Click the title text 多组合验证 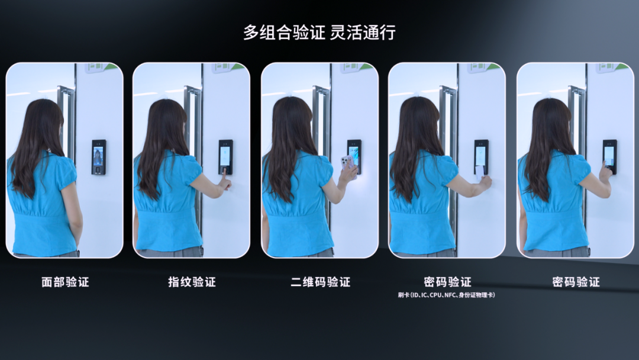click(x=284, y=33)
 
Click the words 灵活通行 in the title click(x=363, y=33)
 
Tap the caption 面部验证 click(x=65, y=282)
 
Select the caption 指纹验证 click(x=192, y=282)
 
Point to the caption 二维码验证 click(x=320, y=282)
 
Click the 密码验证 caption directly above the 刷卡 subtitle click(x=447, y=282)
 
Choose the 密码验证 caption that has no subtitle click(x=576, y=282)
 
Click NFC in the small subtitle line click(x=450, y=295)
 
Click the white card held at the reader click(x=480, y=172)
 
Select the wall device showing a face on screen click(x=99, y=157)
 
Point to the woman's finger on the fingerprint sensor click(x=224, y=173)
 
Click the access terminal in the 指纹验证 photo click(x=226, y=157)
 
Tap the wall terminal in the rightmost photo click(x=610, y=157)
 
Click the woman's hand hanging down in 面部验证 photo click(x=78, y=229)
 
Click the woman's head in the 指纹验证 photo click(x=163, y=119)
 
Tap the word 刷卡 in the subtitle click(x=404, y=295)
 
